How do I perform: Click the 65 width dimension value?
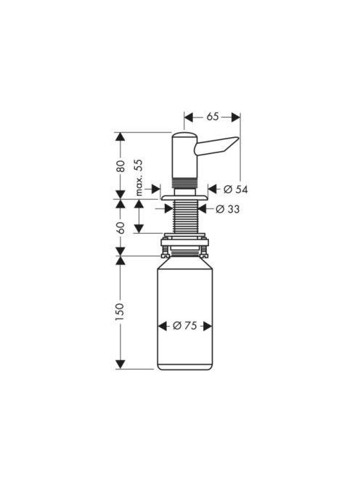tap(213, 117)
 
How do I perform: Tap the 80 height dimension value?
tap(120, 166)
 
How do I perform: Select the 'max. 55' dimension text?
tap(139, 178)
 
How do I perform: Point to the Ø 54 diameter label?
tap(235, 189)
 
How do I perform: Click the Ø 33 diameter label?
tap(227, 209)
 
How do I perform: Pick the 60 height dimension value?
tap(120, 228)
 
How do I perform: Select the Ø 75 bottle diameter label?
tap(185, 326)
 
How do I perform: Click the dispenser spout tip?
tap(237, 139)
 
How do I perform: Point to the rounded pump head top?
tap(184, 135)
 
